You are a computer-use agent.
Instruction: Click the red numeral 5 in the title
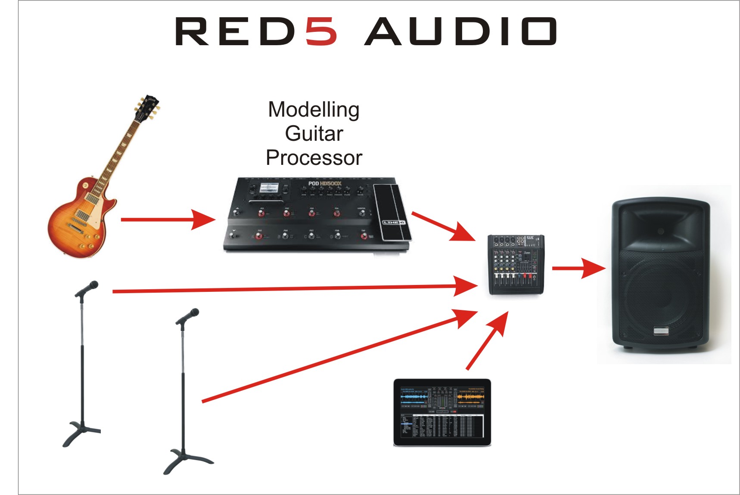pos(321,31)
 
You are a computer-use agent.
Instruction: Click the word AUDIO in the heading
pos(460,31)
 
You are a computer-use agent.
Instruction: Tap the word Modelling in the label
pos(314,110)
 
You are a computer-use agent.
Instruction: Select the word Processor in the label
pos(314,158)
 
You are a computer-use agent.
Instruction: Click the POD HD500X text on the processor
pos(324,184)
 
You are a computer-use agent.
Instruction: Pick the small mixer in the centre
pos(516,265)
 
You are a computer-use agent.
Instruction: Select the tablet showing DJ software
pos(442,412)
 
